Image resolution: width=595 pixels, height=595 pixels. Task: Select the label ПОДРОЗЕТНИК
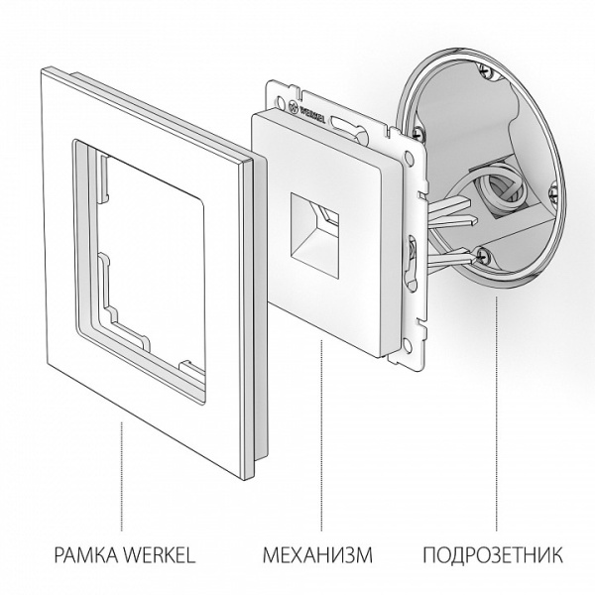click(493, 552)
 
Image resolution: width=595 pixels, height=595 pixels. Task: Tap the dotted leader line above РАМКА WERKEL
click(122, 476)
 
